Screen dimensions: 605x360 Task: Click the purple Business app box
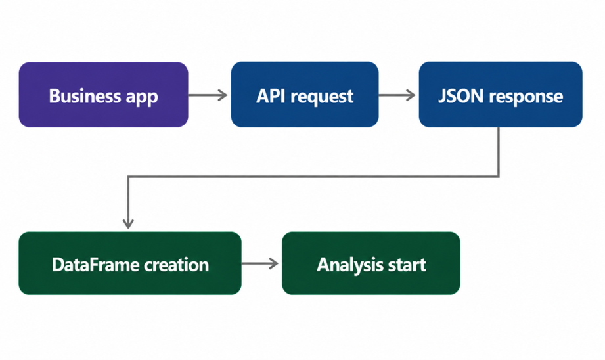[x=103, y=95]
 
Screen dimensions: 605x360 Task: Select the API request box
[x=305, y=95]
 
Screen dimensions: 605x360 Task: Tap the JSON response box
[x=501, y=95]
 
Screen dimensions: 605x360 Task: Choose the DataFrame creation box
[x=130, y=263]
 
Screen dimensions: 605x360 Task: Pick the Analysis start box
[x=371, y=263]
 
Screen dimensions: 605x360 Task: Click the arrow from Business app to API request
[x=208, y=95]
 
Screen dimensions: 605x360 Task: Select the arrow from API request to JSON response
[x=397, y=95]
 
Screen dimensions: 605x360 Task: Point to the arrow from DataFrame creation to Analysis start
[x=260, y=263]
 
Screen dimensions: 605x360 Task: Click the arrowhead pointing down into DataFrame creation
[x=128, y=224]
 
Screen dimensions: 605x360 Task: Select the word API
[x=271, y=96]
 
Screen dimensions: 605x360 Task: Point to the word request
[x=322, y=97]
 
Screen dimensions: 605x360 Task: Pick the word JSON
[x=460, y=96]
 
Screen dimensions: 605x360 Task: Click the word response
[x=526, y=98]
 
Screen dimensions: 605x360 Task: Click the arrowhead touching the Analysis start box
[x=275, y=263]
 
